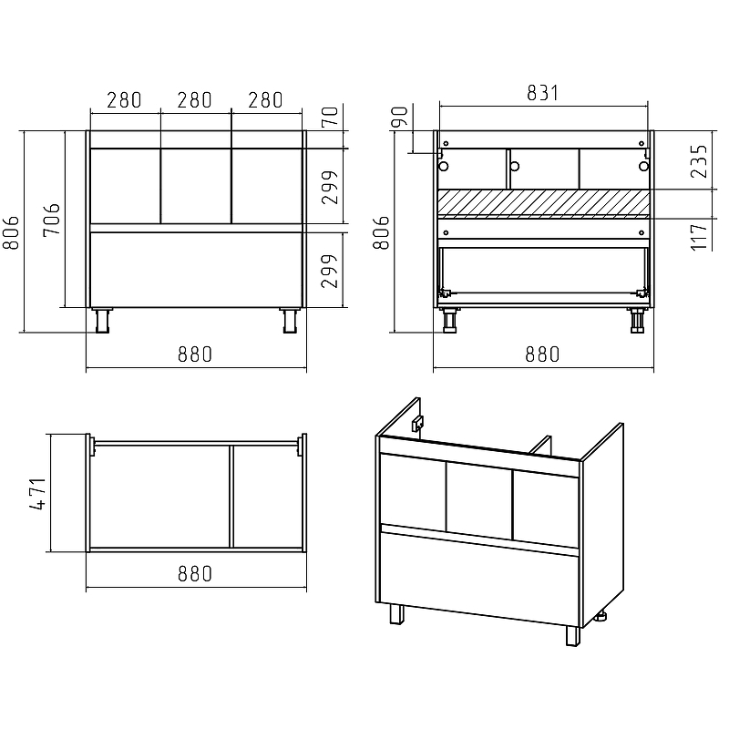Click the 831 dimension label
tap(542, 93)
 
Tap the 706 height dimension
tap(52, 220)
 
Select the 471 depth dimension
tap(37, 494)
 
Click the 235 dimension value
tap(699, 161)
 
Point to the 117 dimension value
tap(699, 237)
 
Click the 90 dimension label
tap(399, 117)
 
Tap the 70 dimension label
tap(330, 117)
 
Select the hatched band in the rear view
tap(543, 203)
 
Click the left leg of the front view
tap(102, 321)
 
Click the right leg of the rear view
tap(637, 321)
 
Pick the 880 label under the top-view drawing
tap(195, 574)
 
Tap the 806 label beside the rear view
tap(381, 232)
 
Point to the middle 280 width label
tap(194, 100)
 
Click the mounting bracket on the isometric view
tap(417, 423)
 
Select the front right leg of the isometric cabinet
tap(573, 635)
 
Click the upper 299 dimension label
tap(330, 188)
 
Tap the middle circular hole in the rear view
tap(515, 166)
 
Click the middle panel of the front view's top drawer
tap(196, 186)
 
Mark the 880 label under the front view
tap(195, 354)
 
